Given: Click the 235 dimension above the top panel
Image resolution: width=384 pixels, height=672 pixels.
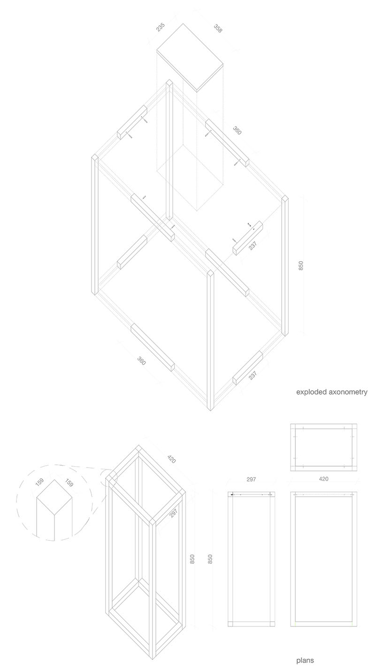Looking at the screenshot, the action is click(161, 27).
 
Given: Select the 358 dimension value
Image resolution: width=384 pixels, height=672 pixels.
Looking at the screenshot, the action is click(218, 28).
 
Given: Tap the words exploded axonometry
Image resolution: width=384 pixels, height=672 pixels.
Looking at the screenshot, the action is click(331, 392).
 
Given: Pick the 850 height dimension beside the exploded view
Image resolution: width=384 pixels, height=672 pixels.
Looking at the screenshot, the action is click(301, 266).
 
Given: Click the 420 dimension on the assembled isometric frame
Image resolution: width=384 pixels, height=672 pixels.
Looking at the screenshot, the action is click(171, 459).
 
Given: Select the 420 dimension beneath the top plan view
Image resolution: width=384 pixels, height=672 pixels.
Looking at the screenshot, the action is click(323, 479).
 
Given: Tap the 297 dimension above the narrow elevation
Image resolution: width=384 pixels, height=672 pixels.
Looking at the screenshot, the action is click(251, 479).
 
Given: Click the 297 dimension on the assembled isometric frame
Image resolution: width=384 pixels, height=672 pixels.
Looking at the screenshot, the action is click(174, 513).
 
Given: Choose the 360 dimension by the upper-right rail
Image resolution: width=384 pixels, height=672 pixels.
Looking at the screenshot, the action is click(237, 131).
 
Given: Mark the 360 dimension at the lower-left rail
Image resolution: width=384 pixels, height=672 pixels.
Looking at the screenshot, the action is click(141, 361).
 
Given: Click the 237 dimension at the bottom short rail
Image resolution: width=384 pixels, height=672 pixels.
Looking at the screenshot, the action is click(253, 375).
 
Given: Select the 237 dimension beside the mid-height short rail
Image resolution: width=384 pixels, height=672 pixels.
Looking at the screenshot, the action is click(253, 246).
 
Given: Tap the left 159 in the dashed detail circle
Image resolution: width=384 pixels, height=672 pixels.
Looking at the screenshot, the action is click(39, 482).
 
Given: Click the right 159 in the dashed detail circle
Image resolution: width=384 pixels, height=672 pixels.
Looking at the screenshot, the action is click(69, 483).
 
